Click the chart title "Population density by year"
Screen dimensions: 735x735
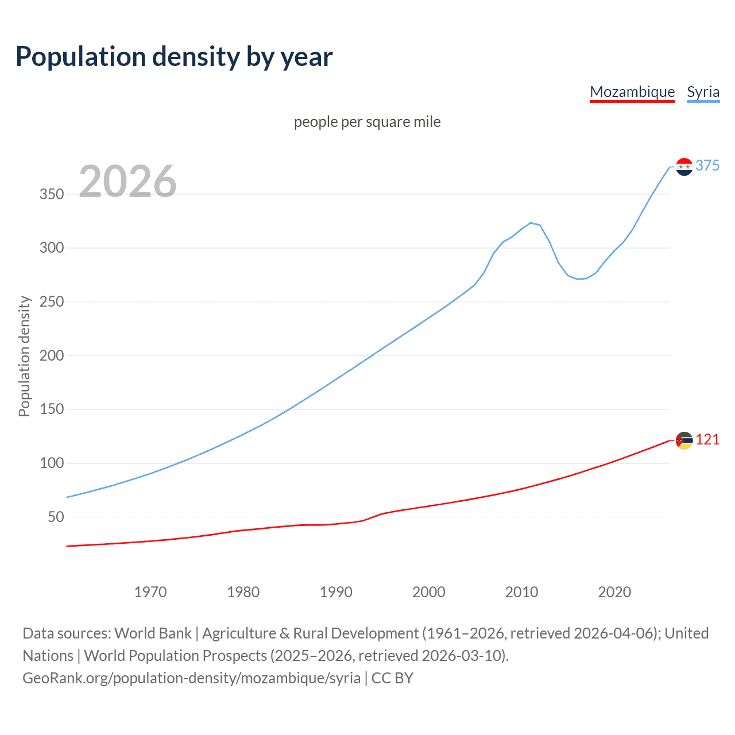click(x=174, y=57)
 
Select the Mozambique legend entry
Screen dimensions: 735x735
click(x=632, y=92)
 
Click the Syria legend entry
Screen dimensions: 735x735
click(x=703, y=92)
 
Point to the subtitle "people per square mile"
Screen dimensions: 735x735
click(x=367, y=122)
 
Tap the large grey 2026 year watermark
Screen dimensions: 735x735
click(x=127, y=181)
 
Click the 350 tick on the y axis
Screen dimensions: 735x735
click(x=52, y=194)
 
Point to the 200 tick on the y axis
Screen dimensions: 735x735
click(x=52, y=355)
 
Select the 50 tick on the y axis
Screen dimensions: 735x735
click(x=56, y=517)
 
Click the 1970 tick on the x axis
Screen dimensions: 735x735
click(x=150, y=592)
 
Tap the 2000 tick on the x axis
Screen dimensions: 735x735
click(x=428, y=592)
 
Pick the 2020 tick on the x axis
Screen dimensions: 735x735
click(x=614, y=592)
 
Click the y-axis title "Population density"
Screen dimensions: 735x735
click(x=24, y=356)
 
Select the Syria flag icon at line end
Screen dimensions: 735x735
click(x=684, y=167)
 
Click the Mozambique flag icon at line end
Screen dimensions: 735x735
click(x=684, y=440)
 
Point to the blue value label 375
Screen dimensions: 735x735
click(x=707, y=165)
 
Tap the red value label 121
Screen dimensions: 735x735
click(x=707, y=439)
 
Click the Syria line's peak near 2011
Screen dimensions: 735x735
click(x=531, y=223)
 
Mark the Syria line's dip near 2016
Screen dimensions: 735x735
click(x=578, y=279)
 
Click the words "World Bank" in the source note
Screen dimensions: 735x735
click(x=153, y=633)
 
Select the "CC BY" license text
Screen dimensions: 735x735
click(x=392, y=678)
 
